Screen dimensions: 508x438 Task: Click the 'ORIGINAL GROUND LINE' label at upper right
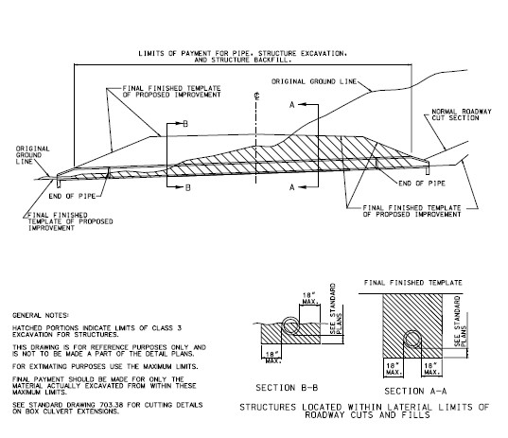[x=314, y=81]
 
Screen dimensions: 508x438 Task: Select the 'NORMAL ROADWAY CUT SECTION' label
[x=462, y=114]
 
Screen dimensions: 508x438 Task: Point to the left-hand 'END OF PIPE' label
[x=72, y=196]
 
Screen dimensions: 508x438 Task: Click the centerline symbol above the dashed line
[x=257, y=96]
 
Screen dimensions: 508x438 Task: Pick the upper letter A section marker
[x=292, y=105]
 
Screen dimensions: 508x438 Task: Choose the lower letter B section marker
[x=188, y=188]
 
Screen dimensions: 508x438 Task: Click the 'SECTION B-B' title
[x=287, y=388]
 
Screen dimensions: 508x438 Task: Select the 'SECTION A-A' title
[x=415, y=391]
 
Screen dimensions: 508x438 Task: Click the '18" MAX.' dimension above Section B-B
[x=310, y=298]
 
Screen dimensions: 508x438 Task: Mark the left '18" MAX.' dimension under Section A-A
[x=394, y=369]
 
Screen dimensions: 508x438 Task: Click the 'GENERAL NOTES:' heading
[x=40, y=315]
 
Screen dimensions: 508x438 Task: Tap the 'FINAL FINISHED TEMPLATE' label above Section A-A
[x=413, y=283]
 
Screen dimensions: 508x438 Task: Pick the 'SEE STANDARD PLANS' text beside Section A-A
[x=461, y=321]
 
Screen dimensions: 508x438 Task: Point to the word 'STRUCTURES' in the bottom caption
[x=268, y=407]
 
